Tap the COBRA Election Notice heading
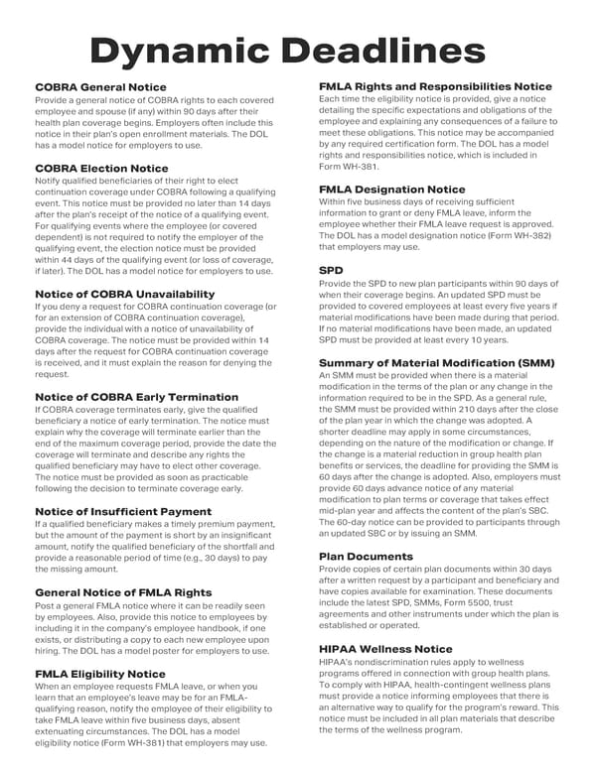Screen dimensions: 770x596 tap(101, 169)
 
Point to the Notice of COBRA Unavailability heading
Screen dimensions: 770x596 tap(124, 294)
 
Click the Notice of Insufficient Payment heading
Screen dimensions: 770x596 tap(123, 511)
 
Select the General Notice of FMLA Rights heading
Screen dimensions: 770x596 tap(124, 592)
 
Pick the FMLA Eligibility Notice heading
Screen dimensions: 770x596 tap(100, 674)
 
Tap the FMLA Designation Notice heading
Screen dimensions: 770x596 tap(391, 189)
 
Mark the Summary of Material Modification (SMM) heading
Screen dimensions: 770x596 tap(436, 363)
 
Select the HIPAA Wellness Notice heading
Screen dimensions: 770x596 tap(385, 649)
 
